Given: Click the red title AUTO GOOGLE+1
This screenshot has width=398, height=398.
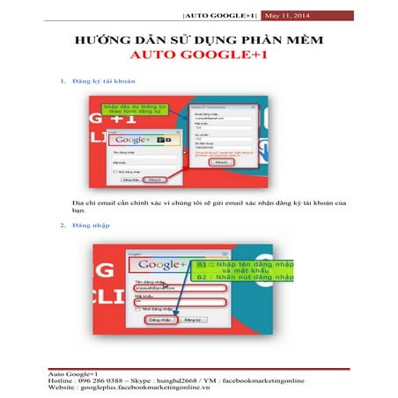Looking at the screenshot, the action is click(x=198, y=57).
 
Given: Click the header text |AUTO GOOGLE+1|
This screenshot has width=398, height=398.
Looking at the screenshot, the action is click(x=226, y=15).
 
